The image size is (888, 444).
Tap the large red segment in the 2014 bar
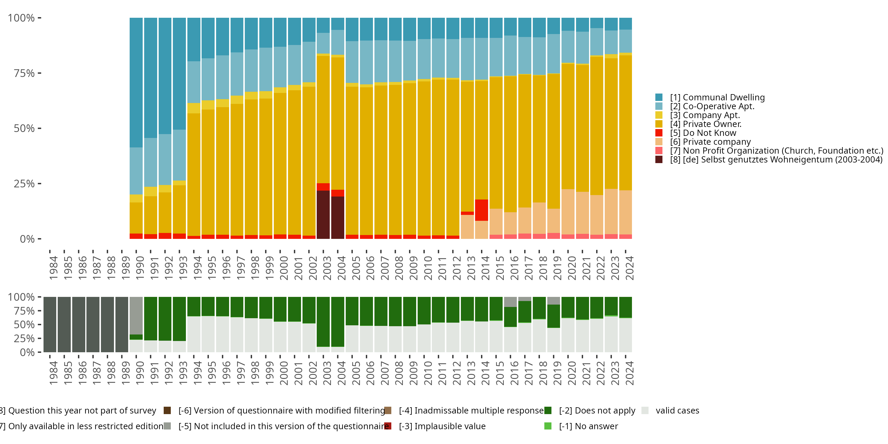click(x=481, y=210)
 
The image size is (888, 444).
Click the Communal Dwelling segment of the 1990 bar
click(x=136, y=83)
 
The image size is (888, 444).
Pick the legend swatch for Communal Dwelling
click(x=659, y=97)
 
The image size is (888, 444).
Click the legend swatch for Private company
click(x=659, y=142)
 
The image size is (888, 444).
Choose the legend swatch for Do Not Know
click(x=659, y=133)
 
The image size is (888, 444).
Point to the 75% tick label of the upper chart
click(x=24, y=73)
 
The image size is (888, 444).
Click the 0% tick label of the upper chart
click(x=27, y=239)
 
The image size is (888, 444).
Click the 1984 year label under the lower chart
click(x=54, y=373)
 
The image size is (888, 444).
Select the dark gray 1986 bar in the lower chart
click(x=79, y=324)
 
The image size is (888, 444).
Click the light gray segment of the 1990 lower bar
click(x=136, y=316)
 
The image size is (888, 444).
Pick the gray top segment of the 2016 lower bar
click(x=510, y=302)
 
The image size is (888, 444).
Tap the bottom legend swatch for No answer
click(x=548, y=426)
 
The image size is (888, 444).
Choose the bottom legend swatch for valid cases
click(x=645, y=411)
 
